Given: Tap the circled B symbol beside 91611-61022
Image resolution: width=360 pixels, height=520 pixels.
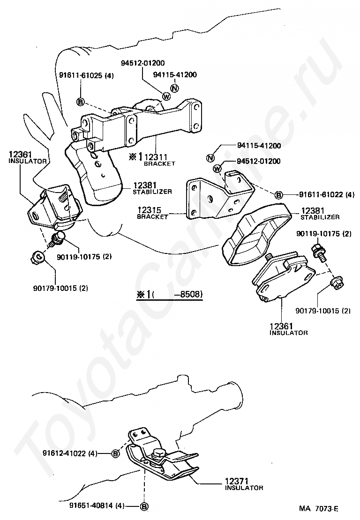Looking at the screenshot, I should coord(278,194).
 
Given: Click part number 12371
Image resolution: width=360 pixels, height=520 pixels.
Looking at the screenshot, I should coord(239,481).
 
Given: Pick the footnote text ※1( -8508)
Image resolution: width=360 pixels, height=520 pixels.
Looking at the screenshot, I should coord(169,295).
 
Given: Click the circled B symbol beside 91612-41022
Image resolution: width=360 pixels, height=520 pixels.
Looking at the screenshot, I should coord(115,453).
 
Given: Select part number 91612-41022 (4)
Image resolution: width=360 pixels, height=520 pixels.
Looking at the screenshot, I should coord(69,453).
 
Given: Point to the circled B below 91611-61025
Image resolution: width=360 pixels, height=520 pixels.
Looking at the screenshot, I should coord(80,102).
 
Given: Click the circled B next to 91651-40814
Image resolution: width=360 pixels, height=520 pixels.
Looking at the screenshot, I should coord(144,506).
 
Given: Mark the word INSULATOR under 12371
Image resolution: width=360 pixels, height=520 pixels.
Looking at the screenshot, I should coord(244,488).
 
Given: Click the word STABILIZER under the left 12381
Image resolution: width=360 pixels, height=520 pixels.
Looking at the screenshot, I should coord(152,191).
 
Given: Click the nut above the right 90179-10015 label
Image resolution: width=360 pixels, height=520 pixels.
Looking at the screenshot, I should coord(335,282).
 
